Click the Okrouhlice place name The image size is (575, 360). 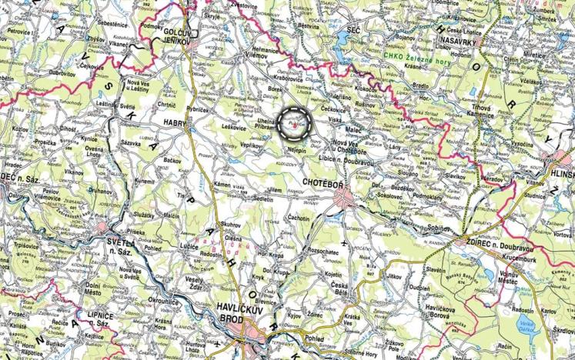click(163, 302)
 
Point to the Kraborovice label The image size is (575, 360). click(286, 78)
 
